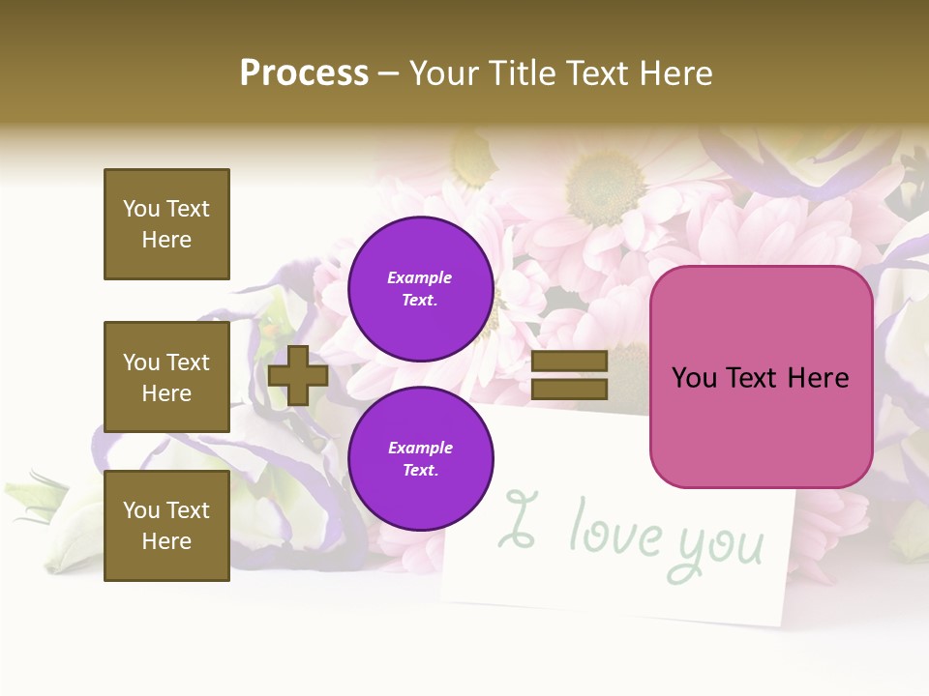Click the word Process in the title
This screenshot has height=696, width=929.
pos(304,72)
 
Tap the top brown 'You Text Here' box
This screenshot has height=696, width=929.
pos(166,224)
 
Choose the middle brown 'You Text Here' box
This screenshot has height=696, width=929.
pos(166,377)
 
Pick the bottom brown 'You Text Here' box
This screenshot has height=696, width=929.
pos(166,526)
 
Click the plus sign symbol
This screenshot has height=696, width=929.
pos(298,375)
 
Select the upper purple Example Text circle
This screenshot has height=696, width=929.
pos(420,289)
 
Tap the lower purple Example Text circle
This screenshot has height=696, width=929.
pos(420,459)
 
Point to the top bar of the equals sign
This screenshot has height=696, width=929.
pos(569,361)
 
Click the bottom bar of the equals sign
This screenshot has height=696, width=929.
pos(569,389)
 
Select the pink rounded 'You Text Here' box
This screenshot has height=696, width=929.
pos(761,377)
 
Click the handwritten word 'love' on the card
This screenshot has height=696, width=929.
pos(615,530)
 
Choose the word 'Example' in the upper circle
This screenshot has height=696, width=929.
pos(420,278)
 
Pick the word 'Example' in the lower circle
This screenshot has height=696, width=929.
pos(420,449)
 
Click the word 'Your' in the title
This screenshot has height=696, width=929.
pos(444,72)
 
